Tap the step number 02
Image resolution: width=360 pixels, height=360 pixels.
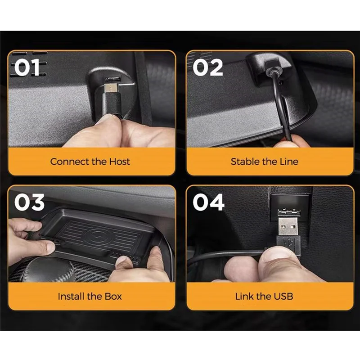(x=208, y=67)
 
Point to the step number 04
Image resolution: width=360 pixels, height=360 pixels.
(x=208, y=202)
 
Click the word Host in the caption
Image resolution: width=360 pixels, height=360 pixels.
(x=119, y=161)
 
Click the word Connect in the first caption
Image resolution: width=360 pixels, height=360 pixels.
(x=69, y=161)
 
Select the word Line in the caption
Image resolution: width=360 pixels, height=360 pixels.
(x=288, y=161)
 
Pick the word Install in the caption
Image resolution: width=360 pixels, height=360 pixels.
(x=73, y=296)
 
